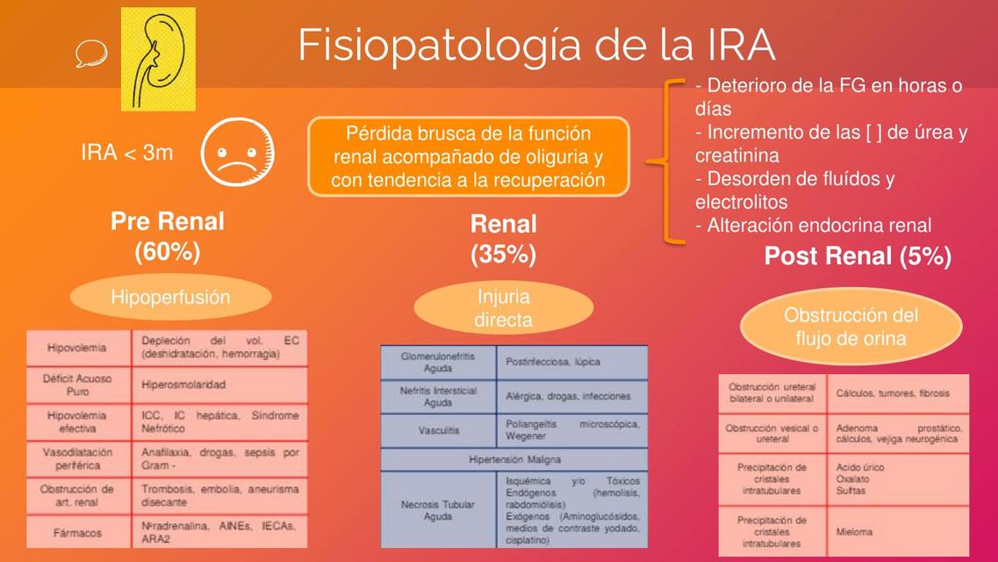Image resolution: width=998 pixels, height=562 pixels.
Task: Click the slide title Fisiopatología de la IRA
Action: point(536,46)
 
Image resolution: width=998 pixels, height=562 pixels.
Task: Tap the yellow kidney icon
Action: point(158,59)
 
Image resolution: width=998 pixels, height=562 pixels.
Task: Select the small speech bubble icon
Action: point(90,56)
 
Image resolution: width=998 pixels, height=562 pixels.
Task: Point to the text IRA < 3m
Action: point(127,153)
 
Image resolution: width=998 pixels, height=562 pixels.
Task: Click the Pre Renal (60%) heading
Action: point(168,236)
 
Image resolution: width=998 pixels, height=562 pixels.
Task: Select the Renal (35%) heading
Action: point(503,239)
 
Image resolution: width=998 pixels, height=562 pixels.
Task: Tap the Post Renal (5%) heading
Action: point(858,256)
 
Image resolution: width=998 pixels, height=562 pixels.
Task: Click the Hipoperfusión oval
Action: point(170,297)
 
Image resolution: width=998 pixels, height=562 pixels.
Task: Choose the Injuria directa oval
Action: point(503,308)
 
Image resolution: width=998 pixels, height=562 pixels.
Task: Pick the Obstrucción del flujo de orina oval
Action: point(851,326)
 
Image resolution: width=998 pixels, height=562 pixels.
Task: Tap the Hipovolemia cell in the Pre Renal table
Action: point(77,348)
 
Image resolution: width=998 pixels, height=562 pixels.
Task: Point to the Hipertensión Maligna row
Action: point(514,459)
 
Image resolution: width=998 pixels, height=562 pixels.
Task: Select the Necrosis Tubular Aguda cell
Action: point(438,510)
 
